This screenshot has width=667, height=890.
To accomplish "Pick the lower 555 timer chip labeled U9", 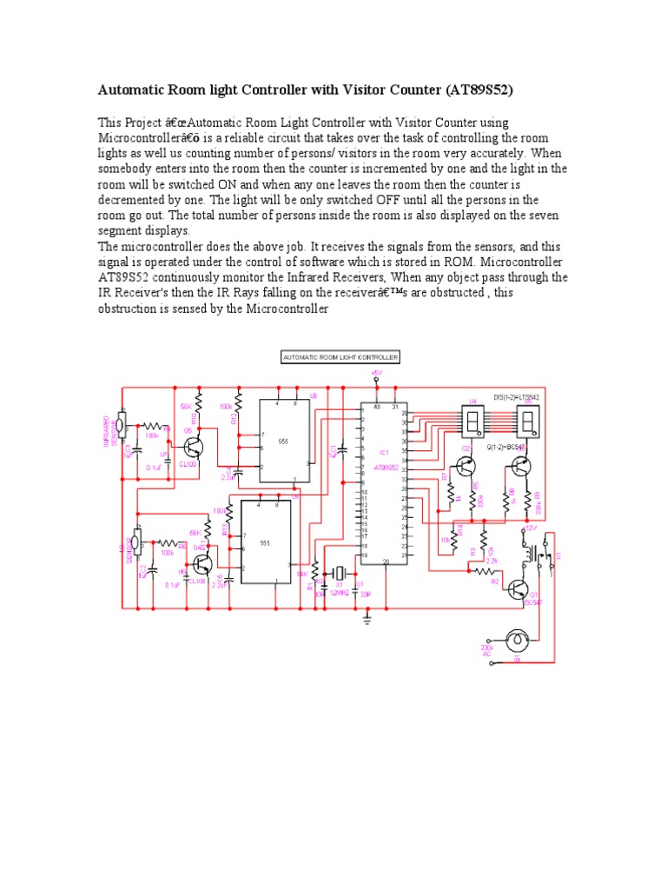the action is click(x=264, y=542).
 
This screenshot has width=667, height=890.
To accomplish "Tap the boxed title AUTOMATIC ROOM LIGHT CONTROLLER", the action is click(x=340, y=357).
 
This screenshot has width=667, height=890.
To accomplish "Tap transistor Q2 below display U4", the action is click(x=468, y=465).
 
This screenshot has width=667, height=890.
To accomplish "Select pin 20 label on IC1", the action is click(x=385, y=561).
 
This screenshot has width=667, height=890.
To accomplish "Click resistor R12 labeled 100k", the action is click(x=238, y=417).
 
